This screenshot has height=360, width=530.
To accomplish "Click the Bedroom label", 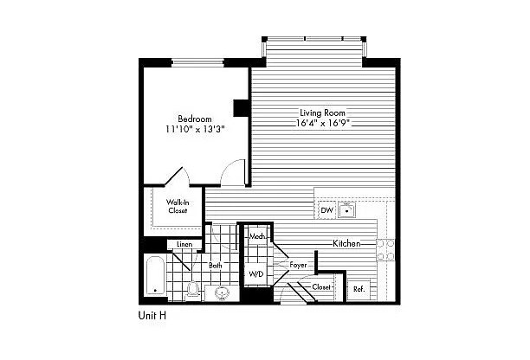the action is point(195,119).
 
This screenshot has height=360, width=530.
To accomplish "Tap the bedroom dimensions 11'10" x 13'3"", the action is point(195,129).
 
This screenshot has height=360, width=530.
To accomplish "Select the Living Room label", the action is point(322,112).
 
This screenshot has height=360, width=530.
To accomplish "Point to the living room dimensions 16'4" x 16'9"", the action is point(322,123).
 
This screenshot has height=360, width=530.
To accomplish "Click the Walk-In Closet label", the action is point(178,206).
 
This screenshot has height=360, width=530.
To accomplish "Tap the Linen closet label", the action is point(184,244).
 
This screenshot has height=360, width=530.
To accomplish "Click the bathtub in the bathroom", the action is point(155,276).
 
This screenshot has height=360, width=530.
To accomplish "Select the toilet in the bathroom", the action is point(192,290).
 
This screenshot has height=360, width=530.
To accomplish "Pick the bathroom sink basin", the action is point(222,292).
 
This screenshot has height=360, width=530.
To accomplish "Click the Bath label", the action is point(216,266).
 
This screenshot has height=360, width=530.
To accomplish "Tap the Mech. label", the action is point(256,237).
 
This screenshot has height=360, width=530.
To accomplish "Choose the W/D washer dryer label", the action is point(255,273).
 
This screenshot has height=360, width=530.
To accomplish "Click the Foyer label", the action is point(298,265).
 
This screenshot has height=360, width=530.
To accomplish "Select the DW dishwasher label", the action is point(326,210).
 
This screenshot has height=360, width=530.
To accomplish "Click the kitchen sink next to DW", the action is point(346,210).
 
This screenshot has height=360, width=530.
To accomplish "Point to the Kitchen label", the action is point(346,243).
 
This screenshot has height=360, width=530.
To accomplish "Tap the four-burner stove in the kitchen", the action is point(385,250).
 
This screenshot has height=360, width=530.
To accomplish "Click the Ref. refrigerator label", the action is point(359,289).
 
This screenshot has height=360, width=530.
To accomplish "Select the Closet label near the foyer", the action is point(321,287).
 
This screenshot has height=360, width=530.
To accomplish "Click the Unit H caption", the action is point(152,315).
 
